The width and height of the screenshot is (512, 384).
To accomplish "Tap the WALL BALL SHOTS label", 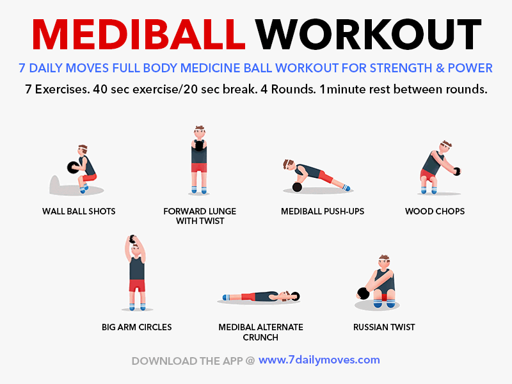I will click(x=79, y=211).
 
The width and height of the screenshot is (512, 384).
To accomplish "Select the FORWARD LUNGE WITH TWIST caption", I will click(x=199, y=216).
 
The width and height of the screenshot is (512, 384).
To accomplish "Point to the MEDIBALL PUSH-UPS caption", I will click(x=323, y=211).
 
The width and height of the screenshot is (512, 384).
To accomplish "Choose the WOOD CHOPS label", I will click(x=435, y=211).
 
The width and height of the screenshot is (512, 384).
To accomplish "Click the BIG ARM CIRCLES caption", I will click(x=136, y=327).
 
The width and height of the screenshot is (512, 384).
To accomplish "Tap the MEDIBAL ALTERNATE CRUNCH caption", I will click(x=260, y=332).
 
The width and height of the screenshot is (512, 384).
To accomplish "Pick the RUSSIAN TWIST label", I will click(x=384, y=327).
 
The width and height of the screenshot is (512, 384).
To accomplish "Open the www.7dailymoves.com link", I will click(x=319, y=360).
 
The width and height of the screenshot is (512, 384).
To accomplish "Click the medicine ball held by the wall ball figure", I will click(x=72, y=167).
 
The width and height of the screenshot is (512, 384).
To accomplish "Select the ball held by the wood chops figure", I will click(x=456, y=170).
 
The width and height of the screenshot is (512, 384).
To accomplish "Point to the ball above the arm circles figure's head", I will click(x=133, y=239).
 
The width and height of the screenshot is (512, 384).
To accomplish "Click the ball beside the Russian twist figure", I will click(x=362, y=293).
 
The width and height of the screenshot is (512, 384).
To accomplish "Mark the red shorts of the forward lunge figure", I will click(x=199, y=168).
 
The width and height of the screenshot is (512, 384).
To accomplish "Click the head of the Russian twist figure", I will click(x=384, y=263).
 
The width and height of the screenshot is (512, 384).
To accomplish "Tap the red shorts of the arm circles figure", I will click(x=137, y=285).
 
